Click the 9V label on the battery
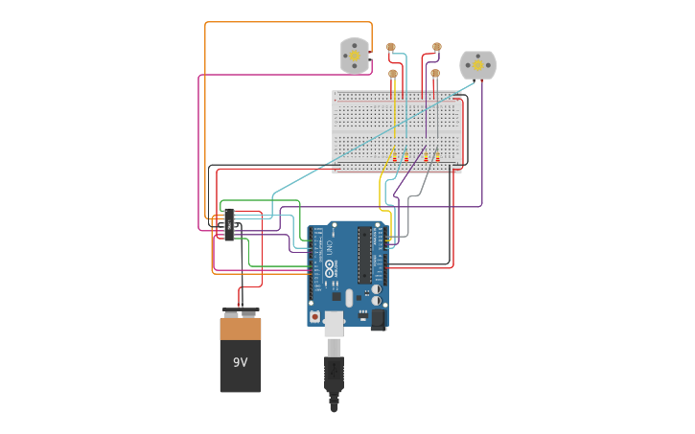240,362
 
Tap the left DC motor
355,57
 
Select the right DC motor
477,65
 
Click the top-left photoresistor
390,47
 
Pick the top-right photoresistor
437,46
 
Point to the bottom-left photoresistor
393,74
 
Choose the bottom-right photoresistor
435,73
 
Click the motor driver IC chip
229,224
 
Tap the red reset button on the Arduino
314,316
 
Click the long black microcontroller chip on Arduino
364,255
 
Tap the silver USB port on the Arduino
334,324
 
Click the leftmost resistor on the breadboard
393,154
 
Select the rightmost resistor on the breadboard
437,154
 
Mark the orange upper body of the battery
240,329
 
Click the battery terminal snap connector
241,311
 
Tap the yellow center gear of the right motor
477,65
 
